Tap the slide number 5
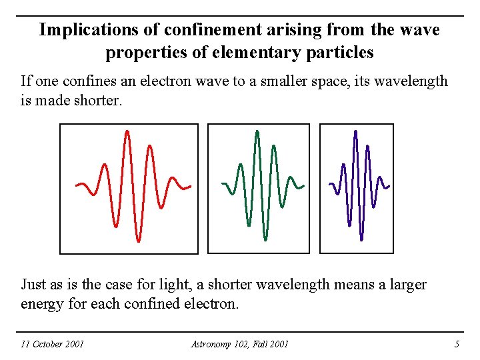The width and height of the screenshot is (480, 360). click(x=457, y=344)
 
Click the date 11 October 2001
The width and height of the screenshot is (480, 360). click(x=52, y=344)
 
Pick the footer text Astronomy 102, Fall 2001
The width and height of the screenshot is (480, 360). click(x=239, y=344)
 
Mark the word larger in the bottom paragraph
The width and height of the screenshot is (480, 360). click(x=405, y=285)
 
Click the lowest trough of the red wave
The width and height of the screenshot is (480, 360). click(x=138, y=239)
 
